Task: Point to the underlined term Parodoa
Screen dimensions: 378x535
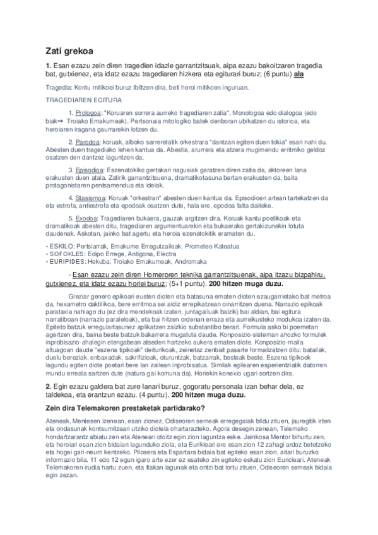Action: coord(89,143)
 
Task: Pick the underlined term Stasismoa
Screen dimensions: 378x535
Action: coord(92,197)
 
